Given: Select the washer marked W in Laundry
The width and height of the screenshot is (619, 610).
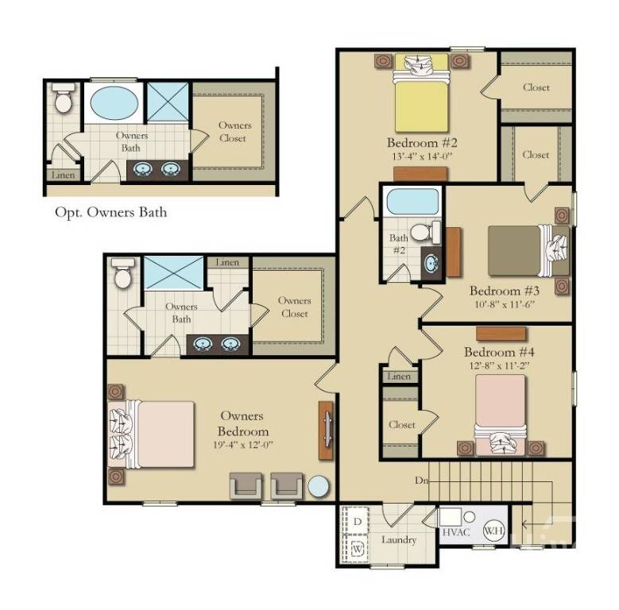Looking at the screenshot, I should click(357, 547).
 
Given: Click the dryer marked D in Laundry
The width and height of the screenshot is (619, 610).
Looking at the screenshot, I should click(357, 521).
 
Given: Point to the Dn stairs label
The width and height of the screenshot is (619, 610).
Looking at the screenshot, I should click(421, 481).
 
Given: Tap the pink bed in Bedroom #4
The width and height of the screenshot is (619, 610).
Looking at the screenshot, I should click(501, 409).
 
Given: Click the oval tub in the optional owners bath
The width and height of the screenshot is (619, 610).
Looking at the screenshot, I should click(112, 103).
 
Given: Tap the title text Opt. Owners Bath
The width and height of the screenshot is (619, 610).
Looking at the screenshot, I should click(110, 212).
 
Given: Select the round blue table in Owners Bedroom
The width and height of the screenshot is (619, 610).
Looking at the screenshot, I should click(319, 486).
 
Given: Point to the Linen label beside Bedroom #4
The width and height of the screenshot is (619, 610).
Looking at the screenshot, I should click(400, 376).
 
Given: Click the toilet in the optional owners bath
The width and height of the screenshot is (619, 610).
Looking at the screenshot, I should click(63, 101).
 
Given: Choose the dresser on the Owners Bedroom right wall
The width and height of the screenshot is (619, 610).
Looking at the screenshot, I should click(326, 430).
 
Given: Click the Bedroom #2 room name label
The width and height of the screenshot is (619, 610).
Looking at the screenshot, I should click(422, 144).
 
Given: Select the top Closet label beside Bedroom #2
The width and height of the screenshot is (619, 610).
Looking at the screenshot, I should click(536, 87).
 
